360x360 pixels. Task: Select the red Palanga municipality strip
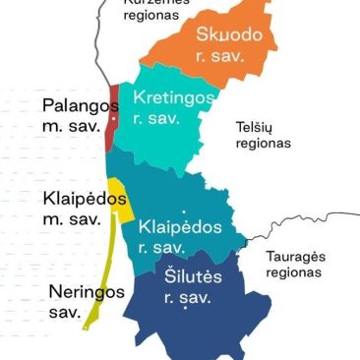tap(111, 118)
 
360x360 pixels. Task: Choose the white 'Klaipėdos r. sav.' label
tap(180, 235)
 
